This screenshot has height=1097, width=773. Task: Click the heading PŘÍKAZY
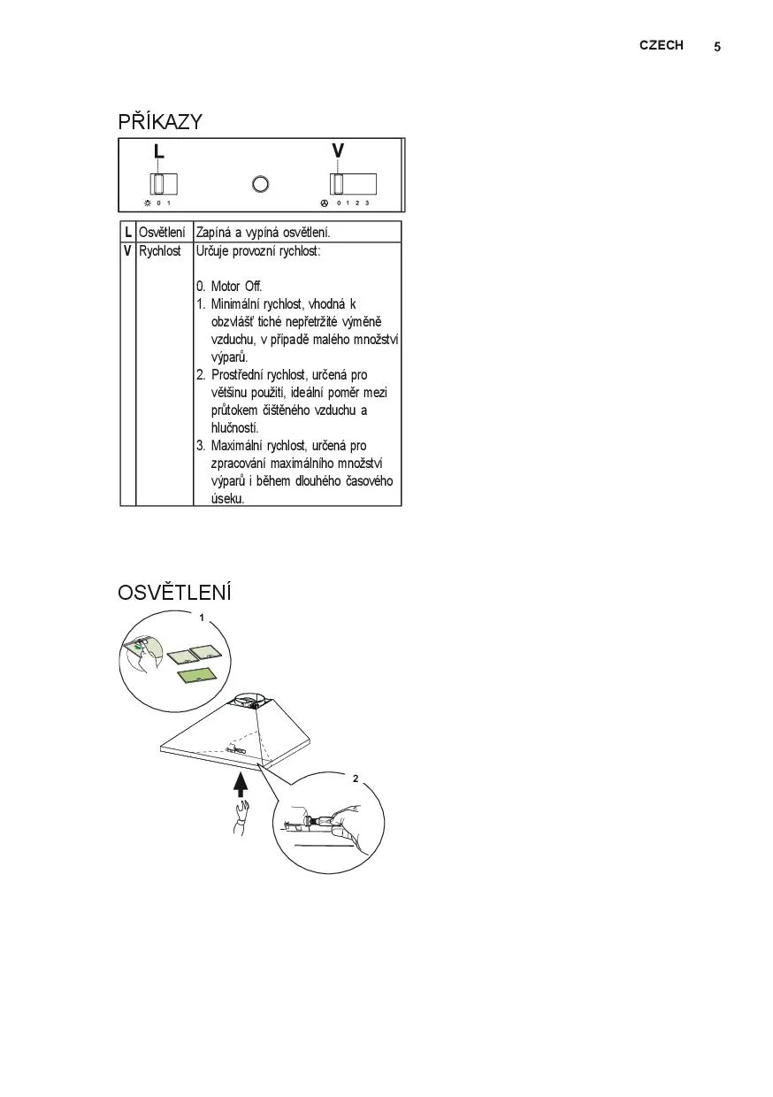[x=160, y=122]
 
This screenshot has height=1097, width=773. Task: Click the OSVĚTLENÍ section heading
[x=174, y=591]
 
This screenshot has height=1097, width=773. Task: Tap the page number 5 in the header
[x=717, y=47]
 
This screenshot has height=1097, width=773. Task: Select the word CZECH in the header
[x=661, y=45]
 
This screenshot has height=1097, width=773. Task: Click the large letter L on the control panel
[x=158, y=152]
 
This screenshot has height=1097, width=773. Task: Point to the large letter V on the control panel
[x=338, y=151]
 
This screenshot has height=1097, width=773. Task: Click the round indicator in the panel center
[x=261, y=184]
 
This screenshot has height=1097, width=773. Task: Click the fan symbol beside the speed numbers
[x=324, y=203]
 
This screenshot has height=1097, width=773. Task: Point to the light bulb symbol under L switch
[x=147, y=203]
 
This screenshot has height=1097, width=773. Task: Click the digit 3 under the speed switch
[x=366, y=203]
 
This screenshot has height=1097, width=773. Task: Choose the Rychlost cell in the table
[x=159, y=250]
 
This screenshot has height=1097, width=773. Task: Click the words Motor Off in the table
[x=236, y=287]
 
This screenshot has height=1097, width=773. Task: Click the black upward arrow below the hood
[x=240, y=785]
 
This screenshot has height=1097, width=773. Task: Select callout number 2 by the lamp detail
[x=356, y=779]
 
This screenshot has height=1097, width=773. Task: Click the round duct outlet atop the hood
[x=250, y=701]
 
